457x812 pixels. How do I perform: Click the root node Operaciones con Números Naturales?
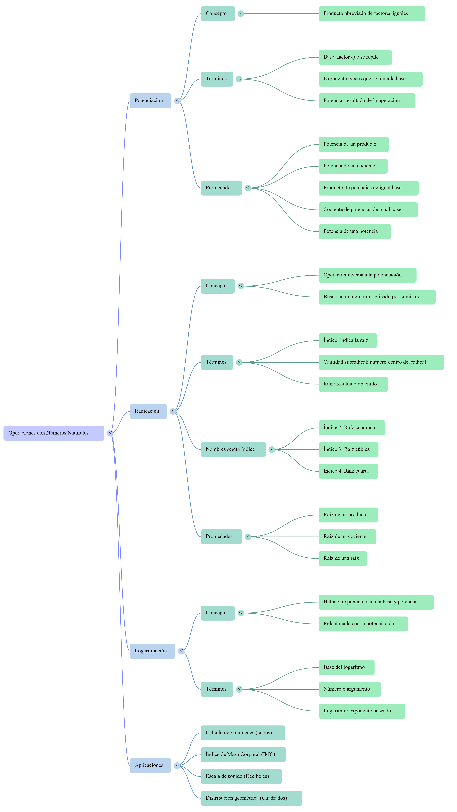coord(54,433)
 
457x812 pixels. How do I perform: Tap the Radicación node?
coord(148,411)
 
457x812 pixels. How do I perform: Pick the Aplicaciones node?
coord(150,765)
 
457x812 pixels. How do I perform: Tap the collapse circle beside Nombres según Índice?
coord(272,450)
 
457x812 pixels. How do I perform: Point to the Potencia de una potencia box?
coord(354,232)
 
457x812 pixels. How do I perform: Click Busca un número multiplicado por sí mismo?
coord(377,297)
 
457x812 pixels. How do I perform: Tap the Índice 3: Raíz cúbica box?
coord(348,450)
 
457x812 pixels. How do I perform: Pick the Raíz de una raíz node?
coord(342,559)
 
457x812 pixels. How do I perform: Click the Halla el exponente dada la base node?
coord(376,602)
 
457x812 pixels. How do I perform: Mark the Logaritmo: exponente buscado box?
coord(362,711)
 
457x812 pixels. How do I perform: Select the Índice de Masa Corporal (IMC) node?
coord(243,755)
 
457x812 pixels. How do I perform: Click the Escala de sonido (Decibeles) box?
coord(241,776)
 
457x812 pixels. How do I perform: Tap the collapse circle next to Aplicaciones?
coord(177,765)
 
